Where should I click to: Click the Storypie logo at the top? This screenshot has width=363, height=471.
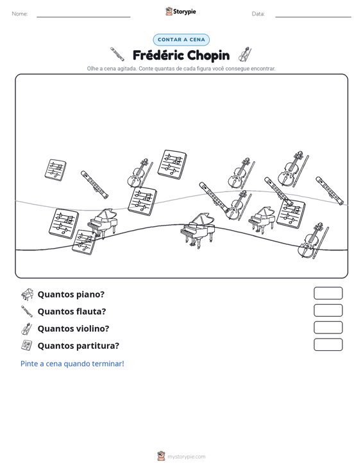(x=181, y=12)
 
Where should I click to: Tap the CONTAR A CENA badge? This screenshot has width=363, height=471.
(x=181, y=40)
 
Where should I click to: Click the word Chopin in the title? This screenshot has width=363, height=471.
(x=208, y=55)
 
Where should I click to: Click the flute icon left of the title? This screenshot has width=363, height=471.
(x=117, y=54)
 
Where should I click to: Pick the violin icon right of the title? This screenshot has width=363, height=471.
(x=244, y=55)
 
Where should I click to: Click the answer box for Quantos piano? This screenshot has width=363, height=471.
(x=328, y=293)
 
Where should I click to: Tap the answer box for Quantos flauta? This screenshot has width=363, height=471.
(x=328, y=310)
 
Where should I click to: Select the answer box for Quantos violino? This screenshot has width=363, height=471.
(x=328, y=328)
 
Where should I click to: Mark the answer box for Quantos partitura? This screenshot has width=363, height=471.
(x=328, y=344)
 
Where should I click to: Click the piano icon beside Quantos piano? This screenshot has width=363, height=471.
(x=27, y=294)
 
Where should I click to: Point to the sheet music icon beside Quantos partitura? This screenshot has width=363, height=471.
(x=27, y=346)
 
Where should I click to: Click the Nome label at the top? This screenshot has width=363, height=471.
(x=20, y=14)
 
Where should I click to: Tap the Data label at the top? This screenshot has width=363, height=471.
(x=258, y=14)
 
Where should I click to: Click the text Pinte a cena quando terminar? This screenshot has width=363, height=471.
(x=72, y=364)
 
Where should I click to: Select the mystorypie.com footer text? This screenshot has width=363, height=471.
(x=187, y=457)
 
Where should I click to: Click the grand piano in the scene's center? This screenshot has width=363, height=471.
(x=198, y=229)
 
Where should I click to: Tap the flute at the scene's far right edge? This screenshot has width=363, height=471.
(x=330, y=191)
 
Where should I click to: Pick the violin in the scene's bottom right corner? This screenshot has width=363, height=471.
(x=312, y=241)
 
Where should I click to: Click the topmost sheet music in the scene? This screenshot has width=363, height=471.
(x=172, y=164)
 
